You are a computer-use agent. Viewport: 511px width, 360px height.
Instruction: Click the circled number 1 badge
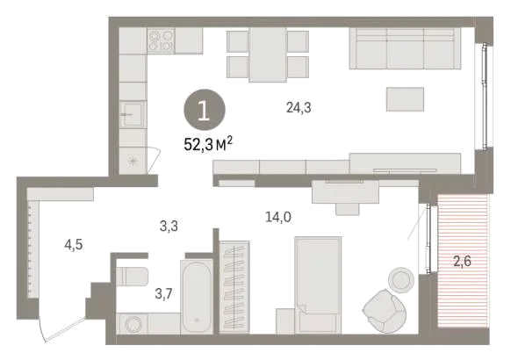205,110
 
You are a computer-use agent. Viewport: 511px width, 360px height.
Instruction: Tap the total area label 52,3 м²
209,144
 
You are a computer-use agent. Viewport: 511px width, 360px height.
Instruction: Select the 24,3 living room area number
299,107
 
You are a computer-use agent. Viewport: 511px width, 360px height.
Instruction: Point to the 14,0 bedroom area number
278,217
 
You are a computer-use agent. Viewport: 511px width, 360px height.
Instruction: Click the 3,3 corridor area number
169,226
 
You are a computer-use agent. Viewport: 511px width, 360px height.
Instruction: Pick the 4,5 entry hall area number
74,245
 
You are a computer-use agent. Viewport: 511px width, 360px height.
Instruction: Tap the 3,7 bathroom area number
163,294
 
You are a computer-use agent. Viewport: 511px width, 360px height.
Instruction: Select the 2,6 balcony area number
462,261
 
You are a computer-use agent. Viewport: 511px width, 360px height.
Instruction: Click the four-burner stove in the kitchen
161,40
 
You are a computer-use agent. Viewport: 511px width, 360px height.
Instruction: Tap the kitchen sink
132,114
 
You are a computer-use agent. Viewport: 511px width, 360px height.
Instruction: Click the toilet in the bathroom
133,277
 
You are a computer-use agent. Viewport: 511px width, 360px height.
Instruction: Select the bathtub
197,297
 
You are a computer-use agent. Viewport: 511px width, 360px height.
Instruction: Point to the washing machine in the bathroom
132,323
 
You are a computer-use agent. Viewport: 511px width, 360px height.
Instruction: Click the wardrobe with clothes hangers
234,287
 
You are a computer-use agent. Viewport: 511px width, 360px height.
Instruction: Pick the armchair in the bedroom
385,311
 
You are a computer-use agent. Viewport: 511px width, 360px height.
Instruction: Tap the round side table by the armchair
401,280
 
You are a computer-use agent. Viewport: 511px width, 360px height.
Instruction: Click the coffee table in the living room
405,99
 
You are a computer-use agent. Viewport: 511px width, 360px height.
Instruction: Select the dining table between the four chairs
268,54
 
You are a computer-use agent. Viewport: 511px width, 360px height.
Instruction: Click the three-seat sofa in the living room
405,48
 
